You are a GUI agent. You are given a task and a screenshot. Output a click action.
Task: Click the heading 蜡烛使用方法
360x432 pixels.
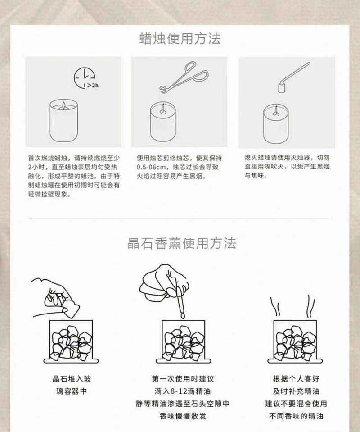pyautogui.click(x=180, y=39)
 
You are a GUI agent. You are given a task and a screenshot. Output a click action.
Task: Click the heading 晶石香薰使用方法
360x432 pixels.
pyautogui.click(x=182, y=243)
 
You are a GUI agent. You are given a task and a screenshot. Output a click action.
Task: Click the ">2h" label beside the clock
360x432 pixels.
pyautogui.click(x=93, y=86)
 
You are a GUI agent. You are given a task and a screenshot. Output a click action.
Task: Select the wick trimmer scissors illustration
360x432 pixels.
pyautogui.click(x=184, y=77)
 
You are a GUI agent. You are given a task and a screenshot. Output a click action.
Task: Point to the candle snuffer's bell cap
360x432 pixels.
pyautogui.click(x=282, y=87)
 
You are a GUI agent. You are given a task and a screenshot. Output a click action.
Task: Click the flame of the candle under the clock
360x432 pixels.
pyautogui.click(x=63, y=105)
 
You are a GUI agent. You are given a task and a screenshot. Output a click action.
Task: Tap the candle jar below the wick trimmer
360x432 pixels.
pyautogui.click(x=163, y=122)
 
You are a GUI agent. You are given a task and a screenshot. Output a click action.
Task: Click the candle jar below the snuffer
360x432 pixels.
pyautogui.click(x=276, y=124)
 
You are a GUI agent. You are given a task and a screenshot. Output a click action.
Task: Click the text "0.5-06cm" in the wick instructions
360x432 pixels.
pyautogui.click(x=151, y=167)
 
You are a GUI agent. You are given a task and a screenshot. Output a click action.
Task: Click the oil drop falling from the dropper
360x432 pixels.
pyautogui.click(x=182, y=315)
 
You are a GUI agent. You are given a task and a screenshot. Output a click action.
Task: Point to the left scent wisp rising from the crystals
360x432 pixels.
pyautogui.click(x=274, y=306)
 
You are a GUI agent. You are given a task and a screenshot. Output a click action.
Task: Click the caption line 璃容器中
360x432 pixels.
pyautogui.click(x=72, y=391)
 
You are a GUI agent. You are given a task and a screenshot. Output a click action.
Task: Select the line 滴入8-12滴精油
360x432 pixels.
pyautogui.click(x=183, y=391)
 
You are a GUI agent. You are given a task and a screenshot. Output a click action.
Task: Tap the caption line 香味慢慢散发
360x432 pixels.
pyautogui.click(x=183, y=416)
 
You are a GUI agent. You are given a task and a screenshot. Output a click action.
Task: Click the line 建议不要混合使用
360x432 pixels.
pyautogui.click(x=296, y=404)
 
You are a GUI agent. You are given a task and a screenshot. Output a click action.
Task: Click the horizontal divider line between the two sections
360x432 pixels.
pyautogui.click(x=180, y=218)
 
